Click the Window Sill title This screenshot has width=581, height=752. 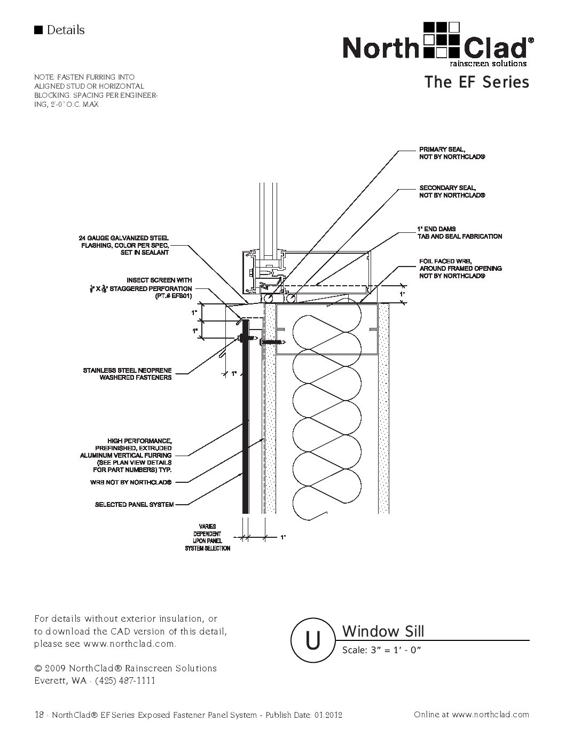click(x=383, y=631)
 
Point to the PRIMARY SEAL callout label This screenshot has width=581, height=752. click(x=452, y=153)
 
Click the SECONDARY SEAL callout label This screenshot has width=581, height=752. click(x=452, y=192)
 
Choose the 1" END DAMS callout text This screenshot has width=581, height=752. click(x=459, y=232)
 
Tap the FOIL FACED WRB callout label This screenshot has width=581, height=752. click(x=460, y=269)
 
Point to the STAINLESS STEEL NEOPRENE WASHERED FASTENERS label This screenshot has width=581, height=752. click(x=127, y=374)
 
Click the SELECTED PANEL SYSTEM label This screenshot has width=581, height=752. click(x=134, y=504)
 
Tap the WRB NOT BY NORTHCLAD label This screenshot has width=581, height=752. click(x=131, y=482)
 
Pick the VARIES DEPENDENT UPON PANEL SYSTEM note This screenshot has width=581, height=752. click(x=208, y=537)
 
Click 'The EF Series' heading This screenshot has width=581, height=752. click(x=476, y=82)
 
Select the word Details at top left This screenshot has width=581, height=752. click(x=65, y=30)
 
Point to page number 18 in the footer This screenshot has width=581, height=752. click(x=38, y=715)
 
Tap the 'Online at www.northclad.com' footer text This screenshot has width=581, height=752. click(x=471, y=715)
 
